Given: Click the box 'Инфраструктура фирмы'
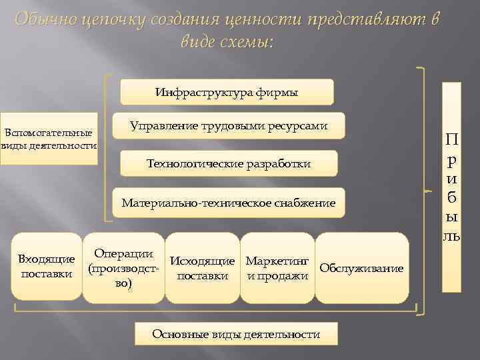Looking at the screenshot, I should click(x=227, y=92).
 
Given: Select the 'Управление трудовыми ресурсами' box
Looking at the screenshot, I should click(x=229, y=125).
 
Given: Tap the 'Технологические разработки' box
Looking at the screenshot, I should click(x=229, y=164).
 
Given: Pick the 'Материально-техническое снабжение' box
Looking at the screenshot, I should click(x=229, y=203).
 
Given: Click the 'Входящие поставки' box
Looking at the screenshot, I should click(x=46, y=265).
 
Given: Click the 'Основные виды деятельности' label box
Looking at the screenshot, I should click(x=236, y=334).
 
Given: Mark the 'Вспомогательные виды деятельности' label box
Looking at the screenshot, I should click(x=49, y=138).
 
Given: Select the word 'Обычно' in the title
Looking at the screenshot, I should click(x=43, y=20).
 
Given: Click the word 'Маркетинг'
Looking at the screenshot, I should click(x=277, y=260).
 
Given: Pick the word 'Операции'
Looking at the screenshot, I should click(x=124, y=254).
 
